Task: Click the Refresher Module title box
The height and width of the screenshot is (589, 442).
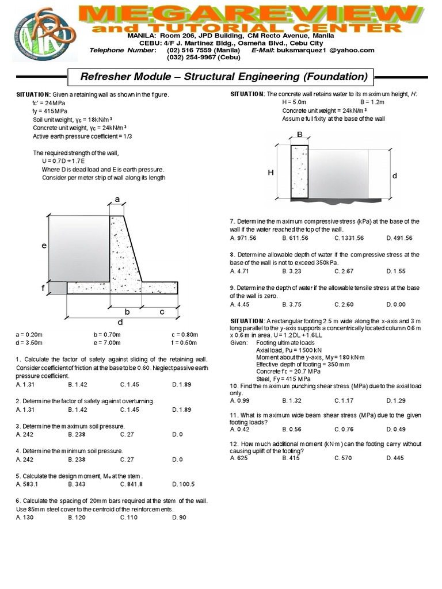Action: coord(220,77)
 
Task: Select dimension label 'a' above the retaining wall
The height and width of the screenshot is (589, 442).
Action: coord(117,199)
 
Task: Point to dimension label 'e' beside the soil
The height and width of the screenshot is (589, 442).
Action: coord(43,246)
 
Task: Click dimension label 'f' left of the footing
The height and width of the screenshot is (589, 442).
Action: coord(42,287)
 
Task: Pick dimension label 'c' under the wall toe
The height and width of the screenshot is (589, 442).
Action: coord(162,311)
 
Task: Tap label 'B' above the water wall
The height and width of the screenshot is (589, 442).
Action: coord(300,134)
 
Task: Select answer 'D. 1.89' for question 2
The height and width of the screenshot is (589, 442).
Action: coord(181,410)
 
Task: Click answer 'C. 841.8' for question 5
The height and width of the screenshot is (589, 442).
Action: coord(131,484)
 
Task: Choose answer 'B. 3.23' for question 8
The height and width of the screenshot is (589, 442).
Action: coord(292,271)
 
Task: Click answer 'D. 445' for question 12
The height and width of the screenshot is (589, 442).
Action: coord(396,458)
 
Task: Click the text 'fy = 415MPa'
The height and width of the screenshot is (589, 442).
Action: coord(49,110)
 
